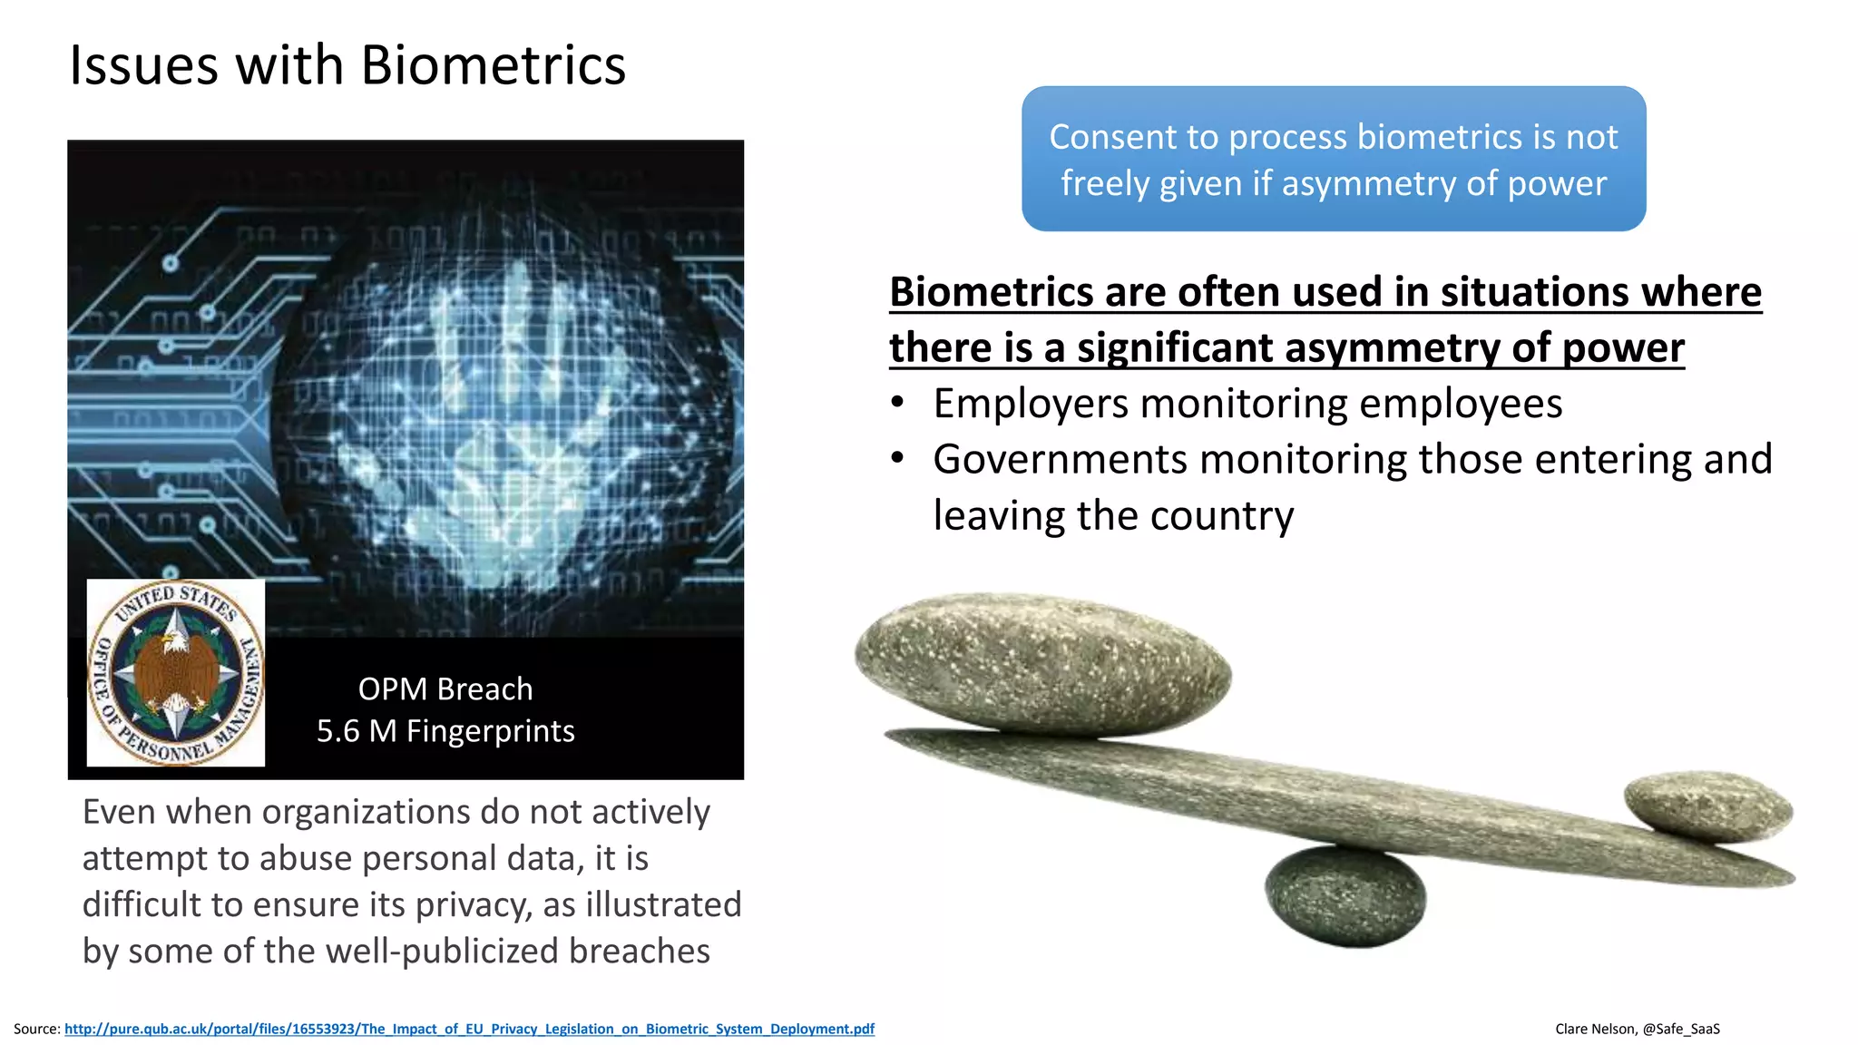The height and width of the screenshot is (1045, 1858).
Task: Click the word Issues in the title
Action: pos(143,65)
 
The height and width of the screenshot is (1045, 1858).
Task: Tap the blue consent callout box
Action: pos(1333,159)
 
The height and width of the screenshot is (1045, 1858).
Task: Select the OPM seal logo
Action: pos(176,672)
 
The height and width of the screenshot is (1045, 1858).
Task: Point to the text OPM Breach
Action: pos(445,689)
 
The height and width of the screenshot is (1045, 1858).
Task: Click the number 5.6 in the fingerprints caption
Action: pos(337,731)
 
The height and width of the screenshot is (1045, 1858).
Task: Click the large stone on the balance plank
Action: pos(1043,662)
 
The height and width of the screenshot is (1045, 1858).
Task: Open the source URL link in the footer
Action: pos(469,1029)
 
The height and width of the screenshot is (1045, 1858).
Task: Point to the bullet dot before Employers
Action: pos(896,403)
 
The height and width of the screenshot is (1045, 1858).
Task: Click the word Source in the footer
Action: pos(35,1029)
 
